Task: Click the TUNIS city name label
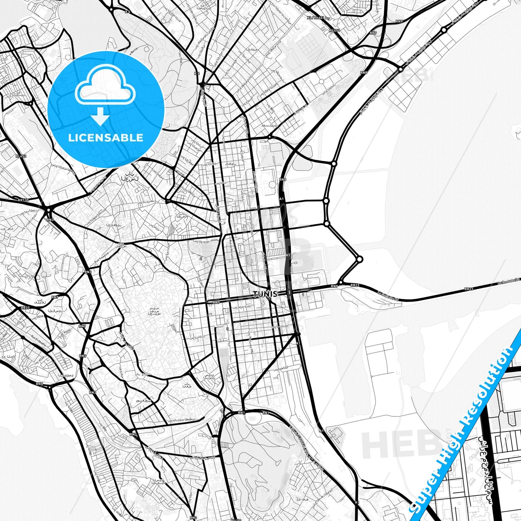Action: click(x=265, y=294)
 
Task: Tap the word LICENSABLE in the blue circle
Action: click(x=106, y=137)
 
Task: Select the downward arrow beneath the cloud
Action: click(x=100, y=117)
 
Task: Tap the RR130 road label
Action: click(x=23, y=200)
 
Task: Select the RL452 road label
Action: click(x=21, y=156)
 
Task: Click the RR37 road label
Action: click(x=25, y=308)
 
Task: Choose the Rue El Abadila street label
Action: click(x=38, y=340)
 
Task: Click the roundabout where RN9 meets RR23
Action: click(x=341, y=282)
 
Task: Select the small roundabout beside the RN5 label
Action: click(x=49, y=387)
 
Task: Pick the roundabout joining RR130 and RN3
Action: click(x=48, y=209)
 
